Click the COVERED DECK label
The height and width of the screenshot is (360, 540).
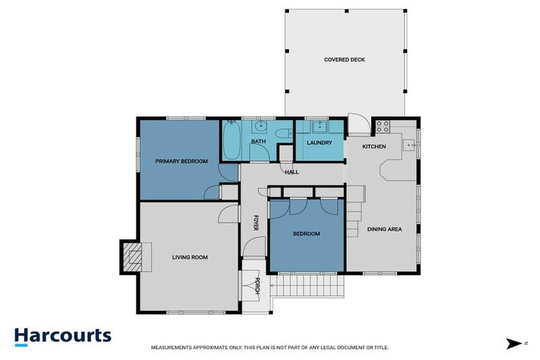tap(345, 60)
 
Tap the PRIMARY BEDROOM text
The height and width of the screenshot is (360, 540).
tap(181, 162)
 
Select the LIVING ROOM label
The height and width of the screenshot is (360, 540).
tap(190, 257)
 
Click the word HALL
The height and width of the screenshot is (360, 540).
tap(292, 172)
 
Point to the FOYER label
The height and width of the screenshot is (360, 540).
tap(256, 223)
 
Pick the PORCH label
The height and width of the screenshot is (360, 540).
tap(258, 285)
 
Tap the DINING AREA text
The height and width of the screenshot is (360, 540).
tap(384, 229)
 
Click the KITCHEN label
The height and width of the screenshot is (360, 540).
tap(374, 146)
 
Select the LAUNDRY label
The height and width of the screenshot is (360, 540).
tap(319, 143)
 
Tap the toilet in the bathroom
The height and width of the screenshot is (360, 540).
tap(284, 134)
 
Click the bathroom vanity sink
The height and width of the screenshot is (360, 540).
tap(259, 127)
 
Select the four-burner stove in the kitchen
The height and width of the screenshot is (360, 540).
tap(383, 127)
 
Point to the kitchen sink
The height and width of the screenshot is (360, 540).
tap(409, 146)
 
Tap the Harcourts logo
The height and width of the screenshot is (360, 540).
tap(63, 335)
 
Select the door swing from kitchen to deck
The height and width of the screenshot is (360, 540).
tap(356, 124)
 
